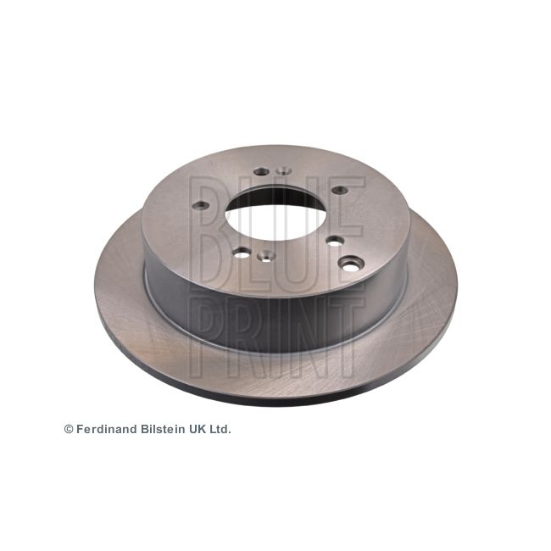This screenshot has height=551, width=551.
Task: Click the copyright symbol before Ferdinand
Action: (69, 429)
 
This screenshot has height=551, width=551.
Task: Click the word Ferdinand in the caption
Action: (107, 429)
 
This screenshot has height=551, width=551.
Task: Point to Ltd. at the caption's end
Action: (220, 429)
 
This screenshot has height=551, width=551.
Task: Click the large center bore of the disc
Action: (275, 214)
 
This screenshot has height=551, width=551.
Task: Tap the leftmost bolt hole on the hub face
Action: (202, 205)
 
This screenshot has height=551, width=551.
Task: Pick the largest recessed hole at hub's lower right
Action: (350, 264)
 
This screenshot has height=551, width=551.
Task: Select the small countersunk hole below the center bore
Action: (266, 255)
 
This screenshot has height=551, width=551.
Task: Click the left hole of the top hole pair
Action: (261, 171)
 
